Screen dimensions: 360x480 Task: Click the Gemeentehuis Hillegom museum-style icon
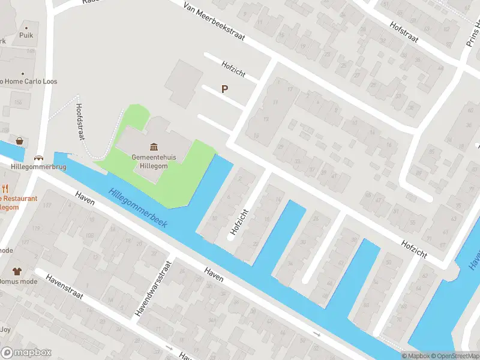pyautogui.click(x=154, y=147)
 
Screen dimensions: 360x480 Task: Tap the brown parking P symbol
pyautogui.click(x=225, y=89)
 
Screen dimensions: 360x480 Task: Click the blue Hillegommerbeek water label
pyautogui.click(x=138, y=208)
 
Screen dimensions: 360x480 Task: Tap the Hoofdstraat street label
pyautogui.click(x=80, y=121)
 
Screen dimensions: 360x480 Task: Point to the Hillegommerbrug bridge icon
pyautogui.click(x=39, y=157)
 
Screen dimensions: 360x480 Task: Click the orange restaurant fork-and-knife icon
pyautogui.click(x=5, y=189)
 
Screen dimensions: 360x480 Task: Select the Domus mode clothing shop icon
pyautogui.click(x=16, y=271)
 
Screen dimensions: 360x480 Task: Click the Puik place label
pyautogui.click(x=26, y=35)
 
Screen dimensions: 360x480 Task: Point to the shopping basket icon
pyautogui.click(x=20, y=141)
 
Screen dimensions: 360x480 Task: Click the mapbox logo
pyautogui.click(x=26, y=353)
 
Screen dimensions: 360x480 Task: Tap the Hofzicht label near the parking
pyautogui.click(x=233, y=69)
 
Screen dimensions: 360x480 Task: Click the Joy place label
pyautogui.click(x=5, y=329)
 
